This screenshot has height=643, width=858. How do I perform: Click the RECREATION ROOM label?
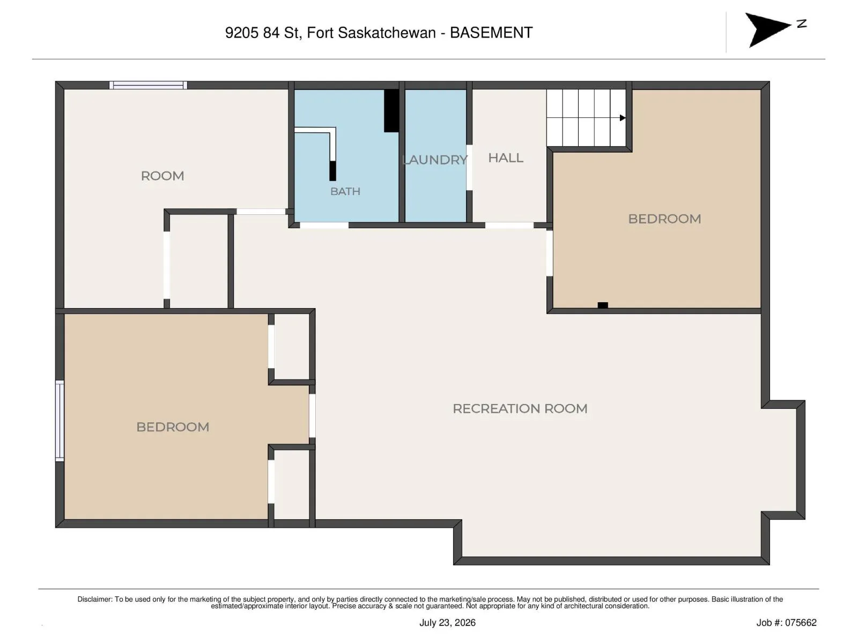[x=520, y=408]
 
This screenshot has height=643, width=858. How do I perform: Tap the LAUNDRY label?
[x=434, y=160]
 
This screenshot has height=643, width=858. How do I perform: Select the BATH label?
[x=345, y=191]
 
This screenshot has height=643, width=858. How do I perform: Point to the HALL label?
[x=506, y=158]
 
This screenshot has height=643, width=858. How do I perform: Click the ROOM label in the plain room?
[x=162, y=176]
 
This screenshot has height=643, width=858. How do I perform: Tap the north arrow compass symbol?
[x=771, y=29]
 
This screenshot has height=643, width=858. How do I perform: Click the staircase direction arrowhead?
[x=622, y=117]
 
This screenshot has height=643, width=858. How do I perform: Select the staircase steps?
[x=586, y=117]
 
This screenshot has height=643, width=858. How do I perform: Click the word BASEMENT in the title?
[x=491, y=33]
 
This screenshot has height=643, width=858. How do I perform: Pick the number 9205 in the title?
[x=241, y=33]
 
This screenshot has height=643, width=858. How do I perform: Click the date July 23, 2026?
[x=447, y=622]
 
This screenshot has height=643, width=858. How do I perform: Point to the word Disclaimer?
[x=95, y=599]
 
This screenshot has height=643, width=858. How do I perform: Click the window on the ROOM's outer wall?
[x=148, y=85]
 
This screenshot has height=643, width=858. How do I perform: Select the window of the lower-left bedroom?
[x=60, y=421]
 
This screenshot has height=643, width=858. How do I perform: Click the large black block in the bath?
[x=391, y=111]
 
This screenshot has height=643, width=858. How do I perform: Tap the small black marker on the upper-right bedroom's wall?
[x=602, y=305]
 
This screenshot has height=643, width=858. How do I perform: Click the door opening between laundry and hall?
[x=469, y=168]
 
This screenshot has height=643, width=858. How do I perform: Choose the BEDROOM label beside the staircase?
[x=664, y=219]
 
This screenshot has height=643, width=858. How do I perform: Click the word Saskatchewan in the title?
[x=387, y=33]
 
